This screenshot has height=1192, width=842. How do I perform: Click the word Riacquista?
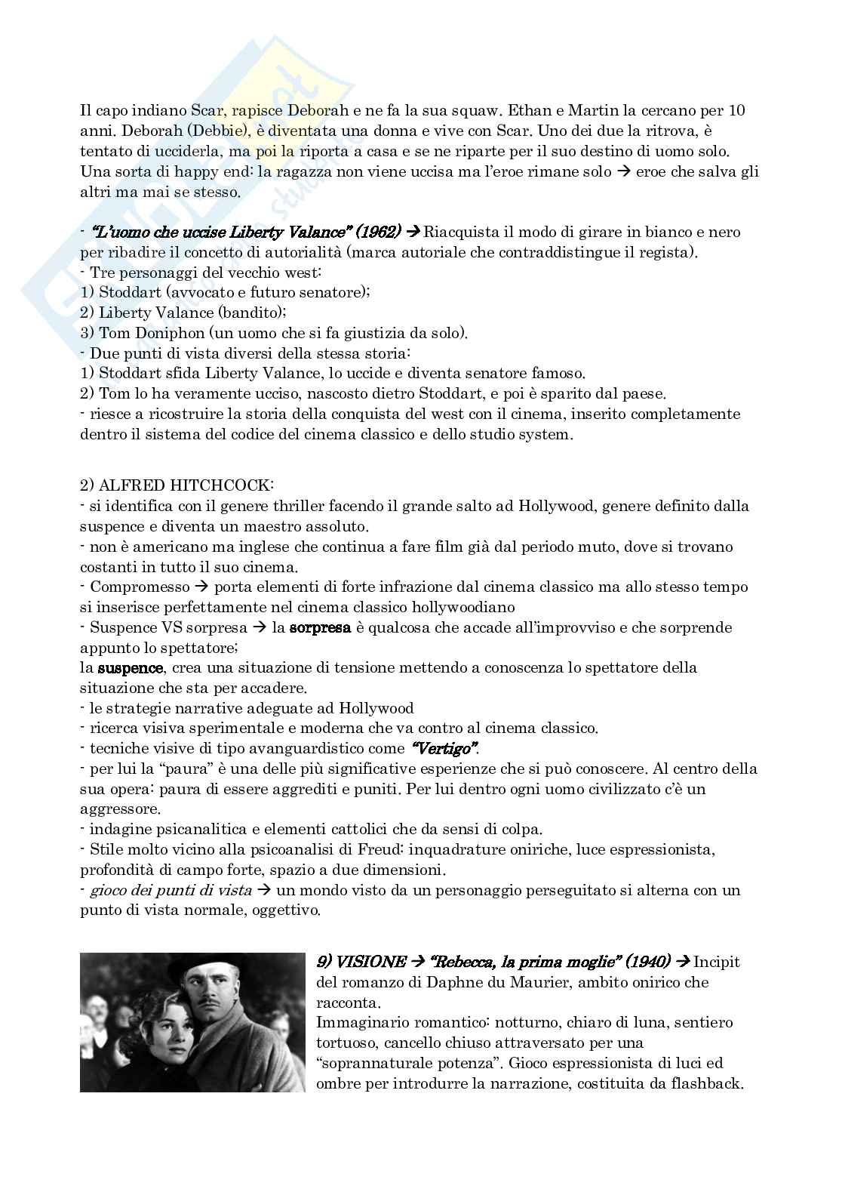462,232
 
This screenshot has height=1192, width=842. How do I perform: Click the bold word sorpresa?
321,627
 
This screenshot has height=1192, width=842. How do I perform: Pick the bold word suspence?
131,668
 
